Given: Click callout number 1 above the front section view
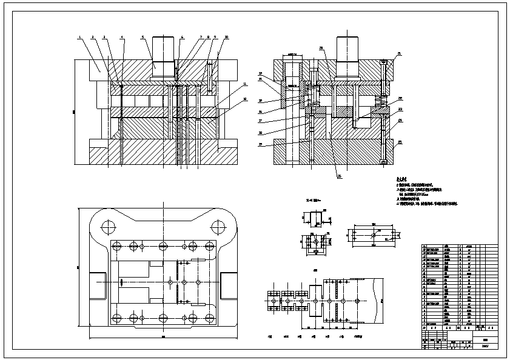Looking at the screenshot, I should pos(79,38).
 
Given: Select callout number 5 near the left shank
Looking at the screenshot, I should pos(142,38).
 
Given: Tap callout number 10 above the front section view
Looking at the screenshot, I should pos(226,38).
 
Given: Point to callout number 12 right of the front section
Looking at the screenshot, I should pos(245,99).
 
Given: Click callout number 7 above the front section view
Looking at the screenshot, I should pos(201,38).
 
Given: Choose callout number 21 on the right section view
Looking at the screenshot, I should pos(399,54).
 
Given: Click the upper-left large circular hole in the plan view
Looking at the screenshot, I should pos(109,228).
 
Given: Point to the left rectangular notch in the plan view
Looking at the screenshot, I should pos(97,285).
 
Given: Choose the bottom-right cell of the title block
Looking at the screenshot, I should pos(490,348).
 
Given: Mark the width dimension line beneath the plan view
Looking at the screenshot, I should pos(163,337).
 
